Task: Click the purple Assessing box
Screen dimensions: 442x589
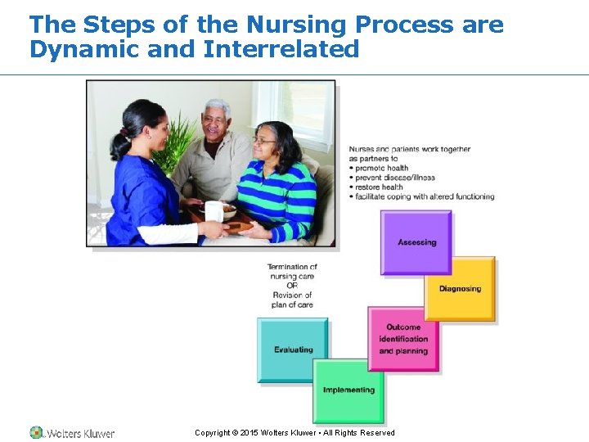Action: point(416,242)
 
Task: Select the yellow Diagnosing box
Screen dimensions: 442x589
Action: point(459,289)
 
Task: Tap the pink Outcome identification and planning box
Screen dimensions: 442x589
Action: point(402,339)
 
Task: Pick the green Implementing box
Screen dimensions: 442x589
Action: point(348,390)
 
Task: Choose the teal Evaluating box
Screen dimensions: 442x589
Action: point(293,350)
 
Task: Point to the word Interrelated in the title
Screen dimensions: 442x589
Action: point(281,50)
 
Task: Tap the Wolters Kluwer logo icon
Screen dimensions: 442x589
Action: point(37,432)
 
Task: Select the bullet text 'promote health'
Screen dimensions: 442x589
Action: point(381,168)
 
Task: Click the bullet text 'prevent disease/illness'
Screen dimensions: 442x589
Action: point(395,178)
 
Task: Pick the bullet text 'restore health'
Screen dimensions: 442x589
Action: point(380,187)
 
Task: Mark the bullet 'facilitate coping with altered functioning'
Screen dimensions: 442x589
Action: point(425,196)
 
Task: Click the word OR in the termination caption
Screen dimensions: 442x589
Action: point(292,286)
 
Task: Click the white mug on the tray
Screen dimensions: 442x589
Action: point(213,211)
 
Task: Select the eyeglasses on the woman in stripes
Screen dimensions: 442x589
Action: point(263,142)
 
